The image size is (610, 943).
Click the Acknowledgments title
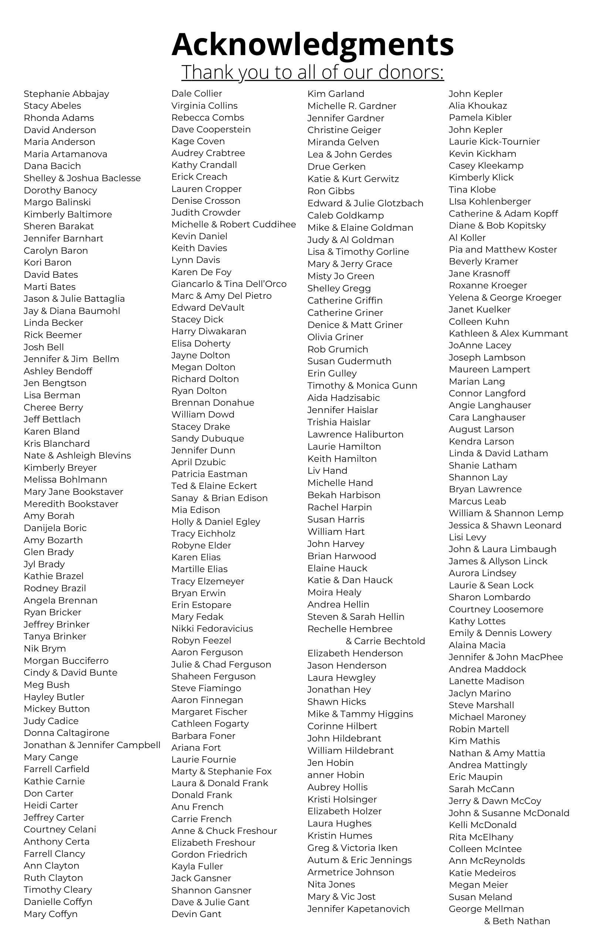pyautogui.click(x=312, y=44)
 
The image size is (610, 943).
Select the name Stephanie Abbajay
pyautogui.click(x=66, y=94)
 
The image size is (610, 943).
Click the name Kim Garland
pyautogui.click(x=336, y=94)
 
